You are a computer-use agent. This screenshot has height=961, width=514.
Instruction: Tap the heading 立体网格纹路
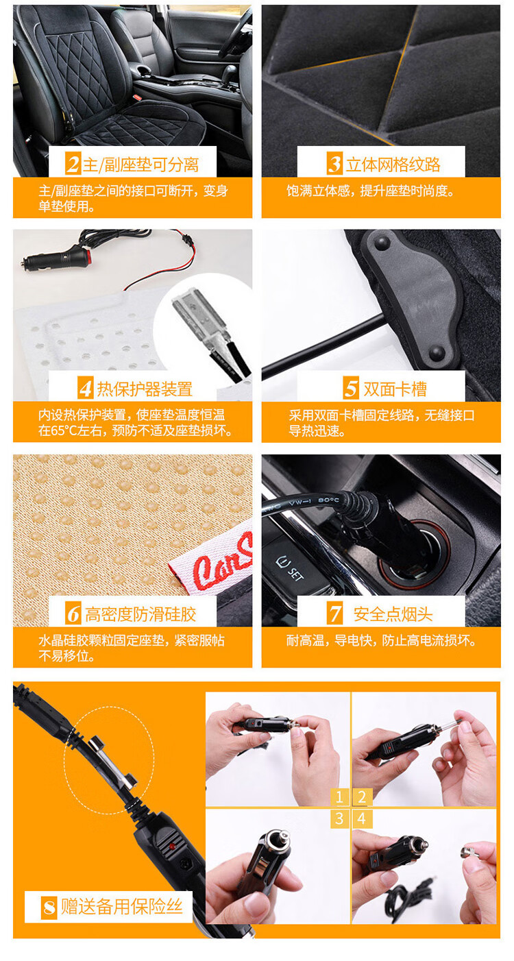[393, 165]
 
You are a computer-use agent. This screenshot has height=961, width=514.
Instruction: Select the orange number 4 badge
[86, 388]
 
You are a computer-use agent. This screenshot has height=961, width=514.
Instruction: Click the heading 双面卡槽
[395, 389]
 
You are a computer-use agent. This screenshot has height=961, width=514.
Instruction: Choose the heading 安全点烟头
[393, 614]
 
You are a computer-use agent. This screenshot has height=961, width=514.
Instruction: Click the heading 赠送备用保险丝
[122, 906]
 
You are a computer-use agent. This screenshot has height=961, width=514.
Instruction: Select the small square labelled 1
[340, 797]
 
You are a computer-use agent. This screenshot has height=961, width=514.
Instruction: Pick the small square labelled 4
[362, 818]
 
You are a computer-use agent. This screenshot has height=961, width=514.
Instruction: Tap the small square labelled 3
[340, 818]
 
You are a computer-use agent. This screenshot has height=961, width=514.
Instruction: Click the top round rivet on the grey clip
[382, 243]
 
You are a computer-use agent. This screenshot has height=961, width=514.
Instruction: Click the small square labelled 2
[362, 797]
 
